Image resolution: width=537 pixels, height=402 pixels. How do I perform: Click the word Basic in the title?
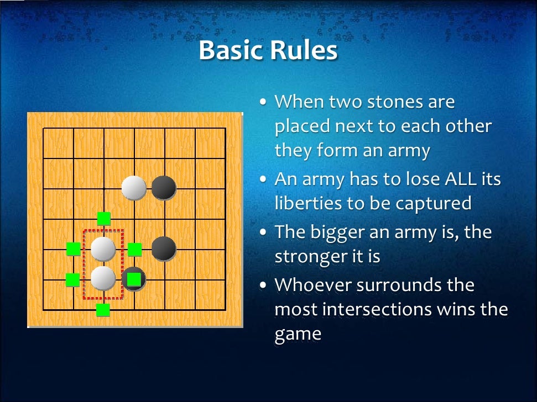pyautogui.click(x=231, y=51)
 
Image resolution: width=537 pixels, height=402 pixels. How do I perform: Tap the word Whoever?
pyautogui.click(x=312, y=285)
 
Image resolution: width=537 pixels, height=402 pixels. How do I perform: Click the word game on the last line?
pyautogui.click(x=298, y=334)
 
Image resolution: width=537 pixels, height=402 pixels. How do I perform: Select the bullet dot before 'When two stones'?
pyautogui.click(x=264, y=103)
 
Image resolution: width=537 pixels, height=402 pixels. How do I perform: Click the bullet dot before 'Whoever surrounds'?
pyautogui.click(x=264, y=285)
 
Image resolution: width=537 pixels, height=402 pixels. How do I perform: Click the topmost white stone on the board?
pyautogui.click(x=134, y=188)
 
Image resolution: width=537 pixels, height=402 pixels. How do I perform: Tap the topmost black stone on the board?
pyautogui.click(x=164, y=188)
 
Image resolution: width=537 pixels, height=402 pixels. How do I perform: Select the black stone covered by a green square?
pyautogui.click(x=133, y=279)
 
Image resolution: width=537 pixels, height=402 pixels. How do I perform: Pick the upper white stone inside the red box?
pyautogui.click(x=103, y=249)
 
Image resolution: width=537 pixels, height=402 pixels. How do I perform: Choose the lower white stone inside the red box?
pyautogui.click(x=103, y=278)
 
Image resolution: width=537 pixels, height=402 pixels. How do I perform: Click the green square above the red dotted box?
pyautogui.click(x=103, y=219)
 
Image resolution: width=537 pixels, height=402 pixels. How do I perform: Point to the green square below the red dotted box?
pyautogui.click(x=103, y=310)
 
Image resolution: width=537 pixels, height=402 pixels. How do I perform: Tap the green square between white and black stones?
pyautogui.click(x=134, y=250)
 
